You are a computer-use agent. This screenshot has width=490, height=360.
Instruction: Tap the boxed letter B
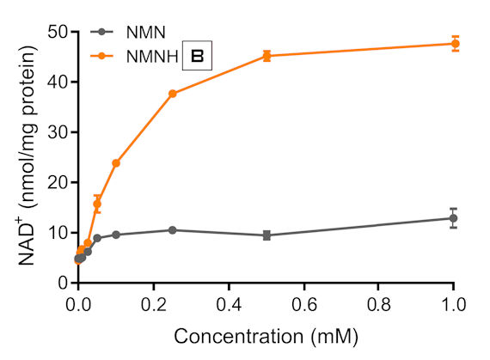[x=197, y=57]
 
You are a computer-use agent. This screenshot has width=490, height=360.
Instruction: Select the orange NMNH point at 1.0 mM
[x=454, y=43]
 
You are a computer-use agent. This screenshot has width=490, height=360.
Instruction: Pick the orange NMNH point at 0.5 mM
[x=266, y=56]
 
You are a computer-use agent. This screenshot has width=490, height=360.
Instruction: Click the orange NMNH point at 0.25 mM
[x=173, y=94]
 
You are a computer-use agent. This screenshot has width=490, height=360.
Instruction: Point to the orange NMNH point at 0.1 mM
[x=116, y=163]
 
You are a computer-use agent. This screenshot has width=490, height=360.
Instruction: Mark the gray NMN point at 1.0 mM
[x=454, y=218]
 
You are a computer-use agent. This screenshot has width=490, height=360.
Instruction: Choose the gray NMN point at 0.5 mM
[x=266, y=235]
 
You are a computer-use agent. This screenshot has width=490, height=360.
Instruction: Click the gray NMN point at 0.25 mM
[x=173, y=230]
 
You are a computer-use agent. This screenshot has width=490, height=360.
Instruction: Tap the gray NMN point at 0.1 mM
[x=116, y=235]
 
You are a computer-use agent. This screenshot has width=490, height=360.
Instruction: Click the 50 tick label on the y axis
[x=57, y=32]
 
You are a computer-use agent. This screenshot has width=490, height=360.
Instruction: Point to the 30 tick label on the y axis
[x=57, y=132]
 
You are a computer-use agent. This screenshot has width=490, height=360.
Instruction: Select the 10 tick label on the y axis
[x=57, y=233]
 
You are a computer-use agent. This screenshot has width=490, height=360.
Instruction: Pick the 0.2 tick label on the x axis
[x=153, y=303]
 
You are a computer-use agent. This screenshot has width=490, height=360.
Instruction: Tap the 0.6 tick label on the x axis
[x=303, y=303]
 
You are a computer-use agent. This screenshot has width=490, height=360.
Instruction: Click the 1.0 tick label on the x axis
[x=454, y=303]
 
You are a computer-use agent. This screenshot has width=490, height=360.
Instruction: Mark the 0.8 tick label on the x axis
[x=378, y=303]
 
